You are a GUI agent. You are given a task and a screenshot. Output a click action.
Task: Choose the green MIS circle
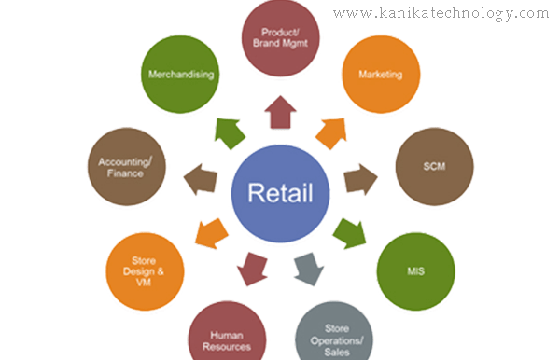point(414,270)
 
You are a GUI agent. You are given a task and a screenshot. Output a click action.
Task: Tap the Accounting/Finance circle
point(125,169)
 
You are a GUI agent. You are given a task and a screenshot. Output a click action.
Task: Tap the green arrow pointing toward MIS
point(351,230)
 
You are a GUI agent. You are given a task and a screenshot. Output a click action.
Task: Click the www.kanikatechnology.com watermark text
point(441,13)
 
